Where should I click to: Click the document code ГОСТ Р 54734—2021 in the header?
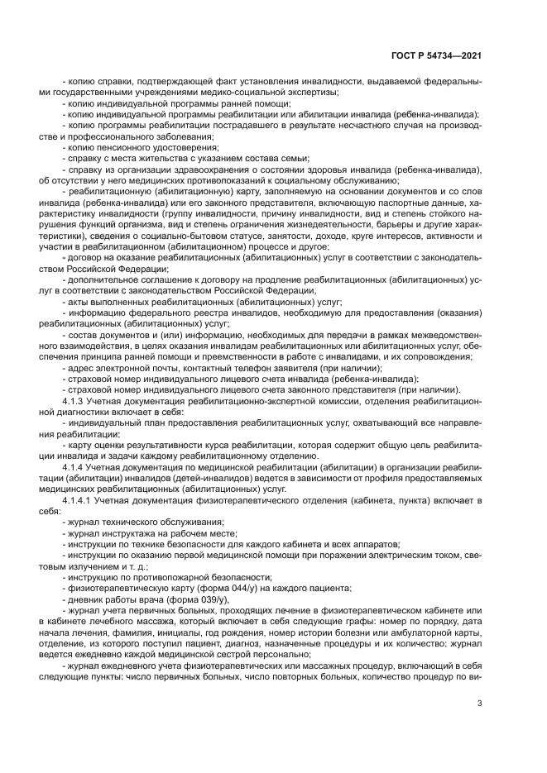pyautogui.click(x=436, y=55)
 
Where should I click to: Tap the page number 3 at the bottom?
pyautogui.click(x=479, y=704)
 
